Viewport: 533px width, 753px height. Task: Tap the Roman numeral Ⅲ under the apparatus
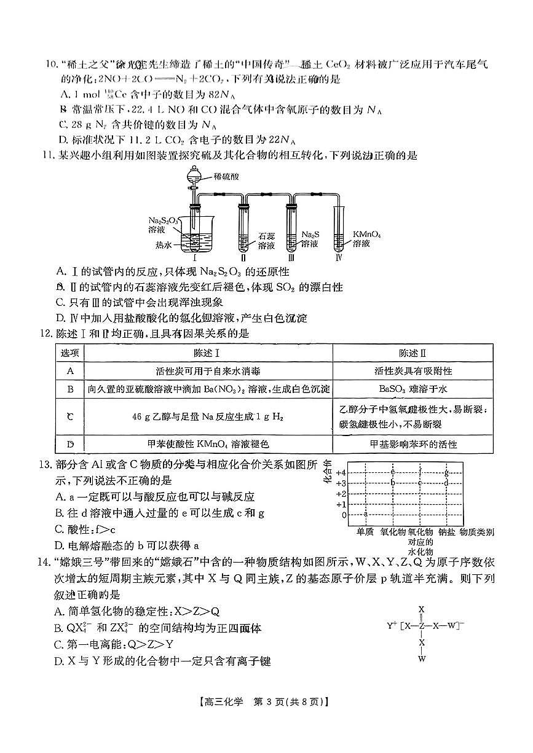(290, 258)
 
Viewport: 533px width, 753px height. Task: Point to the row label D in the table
(70, 444)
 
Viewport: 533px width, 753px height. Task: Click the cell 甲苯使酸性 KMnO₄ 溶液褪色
(209, 444)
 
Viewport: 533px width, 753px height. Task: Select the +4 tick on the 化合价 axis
(341, 472)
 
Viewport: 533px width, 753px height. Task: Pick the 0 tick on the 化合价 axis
(344, 515)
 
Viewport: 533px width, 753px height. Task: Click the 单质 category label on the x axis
(365, 532)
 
